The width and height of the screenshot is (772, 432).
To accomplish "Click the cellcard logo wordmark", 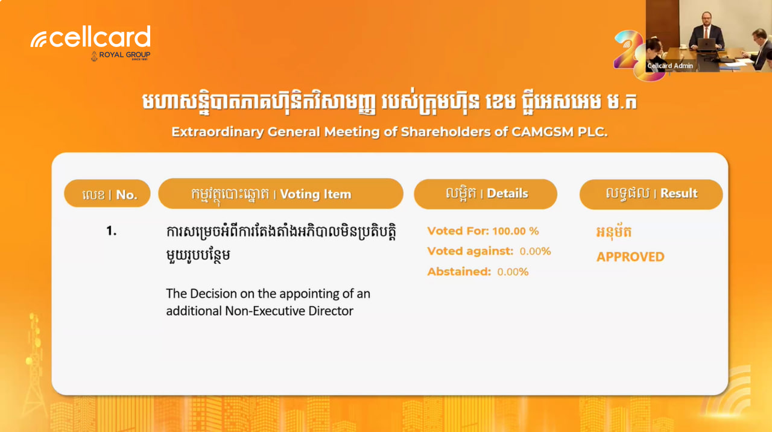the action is click(x=90, y=37).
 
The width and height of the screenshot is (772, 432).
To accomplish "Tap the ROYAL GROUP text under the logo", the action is click(x=124, y=55).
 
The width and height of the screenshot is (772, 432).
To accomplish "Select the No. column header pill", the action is click(x=107, y=193).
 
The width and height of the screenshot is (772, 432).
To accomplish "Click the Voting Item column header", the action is click(x=280, y=193).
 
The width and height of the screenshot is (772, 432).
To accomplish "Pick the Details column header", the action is click(x=486, y=194).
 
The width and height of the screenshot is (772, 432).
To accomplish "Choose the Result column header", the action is click(x=651, y=194).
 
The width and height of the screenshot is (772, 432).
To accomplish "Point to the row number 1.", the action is click(x=112, y=231).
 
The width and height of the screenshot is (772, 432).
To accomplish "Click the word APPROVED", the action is click(x=630, y=257).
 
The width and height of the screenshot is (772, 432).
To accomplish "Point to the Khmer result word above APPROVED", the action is click(x=614, y=231).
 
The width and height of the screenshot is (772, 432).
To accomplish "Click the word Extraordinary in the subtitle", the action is click(x=218, y=132).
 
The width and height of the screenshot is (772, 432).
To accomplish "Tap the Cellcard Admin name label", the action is click(x=670, y=66).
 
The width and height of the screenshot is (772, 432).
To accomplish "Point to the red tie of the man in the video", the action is click(x=706, y=33).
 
